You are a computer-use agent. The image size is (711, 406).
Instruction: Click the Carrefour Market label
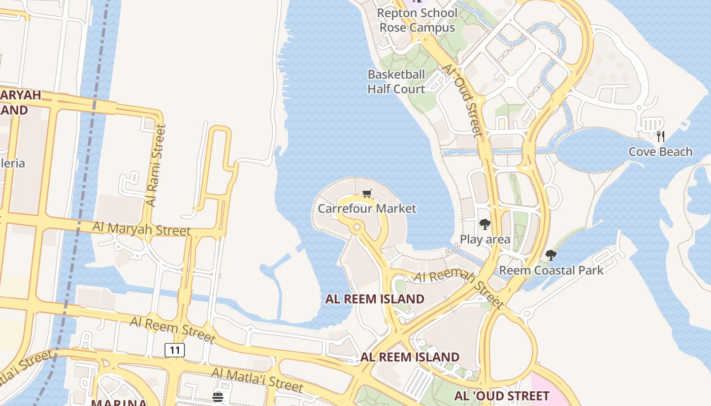pos(367,209)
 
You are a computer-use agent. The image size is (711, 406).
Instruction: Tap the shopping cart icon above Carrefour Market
pos(367,193)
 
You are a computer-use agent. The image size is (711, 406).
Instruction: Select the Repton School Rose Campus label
pos(418,20)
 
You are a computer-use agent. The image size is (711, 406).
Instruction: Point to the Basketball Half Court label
pos(396,82)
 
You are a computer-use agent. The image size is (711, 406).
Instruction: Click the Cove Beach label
pos(660,152)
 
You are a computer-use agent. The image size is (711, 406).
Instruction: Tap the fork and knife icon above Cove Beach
pos(660,136)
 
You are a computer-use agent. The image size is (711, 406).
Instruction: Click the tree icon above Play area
pos(485,224)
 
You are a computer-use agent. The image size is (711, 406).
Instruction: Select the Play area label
pos(485,239)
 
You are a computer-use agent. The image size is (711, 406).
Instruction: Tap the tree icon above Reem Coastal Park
pos(551,255)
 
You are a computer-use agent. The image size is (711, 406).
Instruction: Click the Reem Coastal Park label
pos(551,270)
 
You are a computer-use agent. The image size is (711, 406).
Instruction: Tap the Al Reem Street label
pos(173,329)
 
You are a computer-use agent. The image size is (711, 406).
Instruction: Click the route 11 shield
pos(174,350)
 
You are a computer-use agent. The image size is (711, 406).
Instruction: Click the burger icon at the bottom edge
pos(218,397)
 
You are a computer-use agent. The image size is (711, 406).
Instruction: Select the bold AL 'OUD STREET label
pos(501,396)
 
